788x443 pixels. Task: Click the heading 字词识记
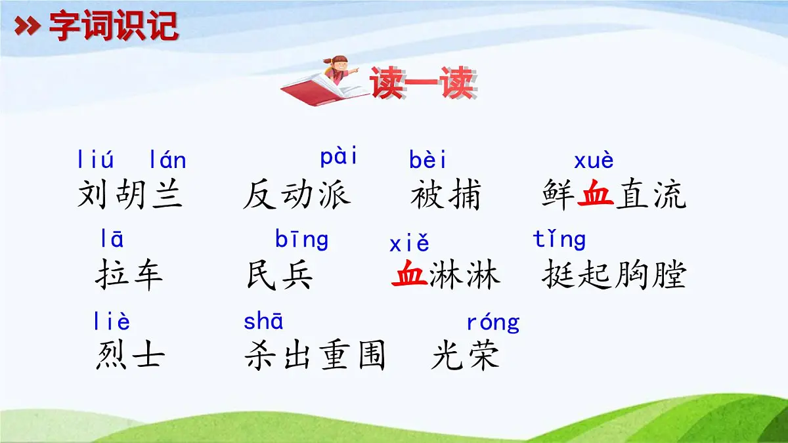tap(113, 26)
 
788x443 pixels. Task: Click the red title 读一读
tap(422, 84)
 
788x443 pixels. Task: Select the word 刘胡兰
tap(130, 194)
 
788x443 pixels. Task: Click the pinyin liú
tap(95, 159)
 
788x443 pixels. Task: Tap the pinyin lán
tap(167, 159)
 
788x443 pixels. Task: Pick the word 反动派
tap(296, 194)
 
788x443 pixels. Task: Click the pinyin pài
tap(339, 158)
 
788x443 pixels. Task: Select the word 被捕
tap(446, 194)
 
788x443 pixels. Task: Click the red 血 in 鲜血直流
tap(595, 194)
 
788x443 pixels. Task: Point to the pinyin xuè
tap(594, 161)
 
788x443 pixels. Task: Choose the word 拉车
tap(129, 275)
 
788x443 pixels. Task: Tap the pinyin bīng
tap(301, 240)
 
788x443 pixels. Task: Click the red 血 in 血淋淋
tap(410, 275)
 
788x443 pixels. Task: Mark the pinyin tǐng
tap(559, 240)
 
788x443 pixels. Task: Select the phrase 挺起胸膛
tap(613, 275)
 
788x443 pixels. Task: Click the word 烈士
tap(130, 356)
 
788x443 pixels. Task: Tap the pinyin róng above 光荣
tap(492, 322)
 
